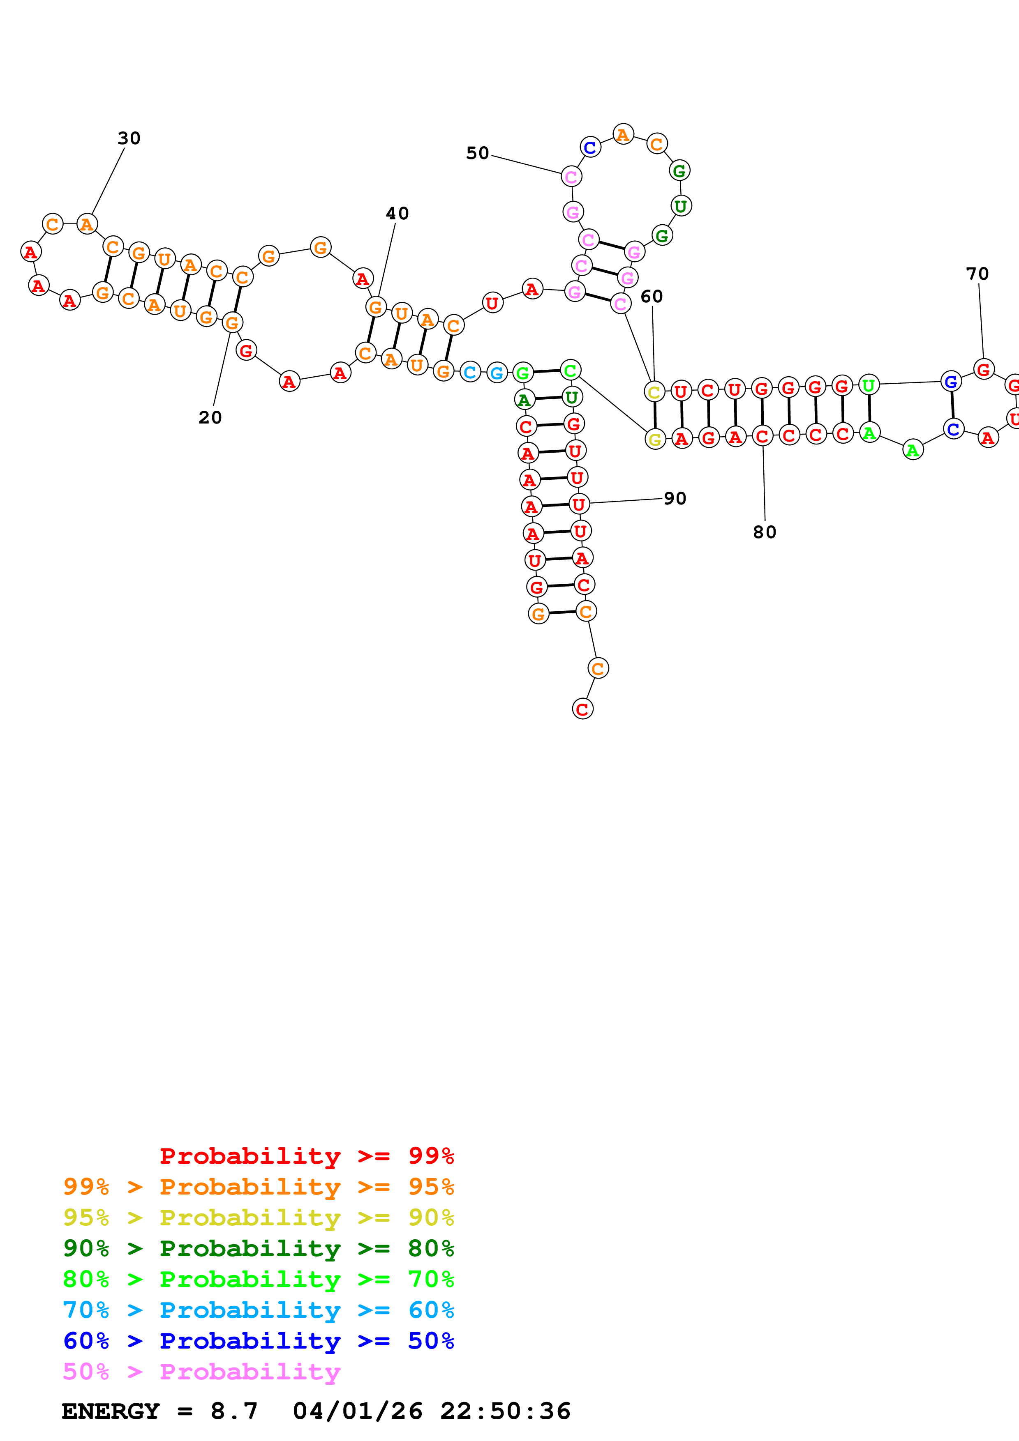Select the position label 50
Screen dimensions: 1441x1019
(477, 153)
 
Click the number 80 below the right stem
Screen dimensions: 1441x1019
(765, 532)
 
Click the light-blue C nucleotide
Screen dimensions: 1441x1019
(470, 372)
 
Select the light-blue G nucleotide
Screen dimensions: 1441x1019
(497, 373)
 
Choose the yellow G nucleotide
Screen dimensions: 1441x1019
(655, 440)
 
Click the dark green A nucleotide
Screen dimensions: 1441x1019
(524, 399)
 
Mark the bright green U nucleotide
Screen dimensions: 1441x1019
(868, 385)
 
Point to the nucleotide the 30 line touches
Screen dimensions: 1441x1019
(87, 224)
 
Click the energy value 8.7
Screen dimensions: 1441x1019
(234, 1411)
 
